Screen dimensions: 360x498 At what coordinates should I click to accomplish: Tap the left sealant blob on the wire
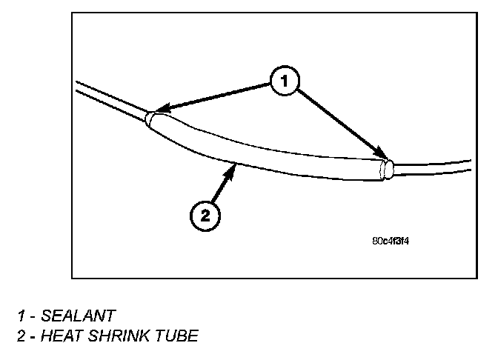[153, 119]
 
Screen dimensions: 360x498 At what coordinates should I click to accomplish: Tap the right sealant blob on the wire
[385, 170]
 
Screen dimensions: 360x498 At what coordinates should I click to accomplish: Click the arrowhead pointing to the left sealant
[156, 112]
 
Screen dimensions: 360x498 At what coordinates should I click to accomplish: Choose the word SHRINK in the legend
[124, 336]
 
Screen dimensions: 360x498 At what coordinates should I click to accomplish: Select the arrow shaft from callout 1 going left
[215, 97]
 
